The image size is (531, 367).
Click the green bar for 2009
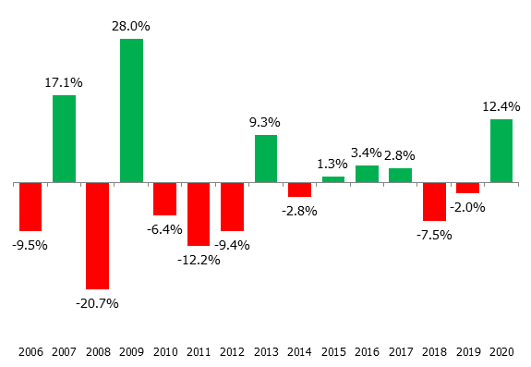(131, 111)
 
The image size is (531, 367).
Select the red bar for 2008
(98, 236)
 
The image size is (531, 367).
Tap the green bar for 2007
(64, 139)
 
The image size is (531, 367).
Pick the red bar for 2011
(199, 214)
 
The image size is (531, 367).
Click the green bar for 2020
(501, 151)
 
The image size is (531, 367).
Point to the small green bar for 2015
(333, 179)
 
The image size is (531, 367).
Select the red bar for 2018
(434, 202)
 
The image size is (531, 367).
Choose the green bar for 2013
(266, 159)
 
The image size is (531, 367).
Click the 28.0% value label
(131, 26)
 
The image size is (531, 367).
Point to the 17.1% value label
(64, 82)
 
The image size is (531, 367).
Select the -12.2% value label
(199, 260)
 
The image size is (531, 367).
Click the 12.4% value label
(501, 106)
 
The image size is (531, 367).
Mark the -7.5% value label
(433, 235)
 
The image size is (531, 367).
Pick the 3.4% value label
(367, 152)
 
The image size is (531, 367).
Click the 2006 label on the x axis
(30, 351)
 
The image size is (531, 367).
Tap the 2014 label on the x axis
(299, 351)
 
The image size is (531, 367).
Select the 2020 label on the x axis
(501, 351)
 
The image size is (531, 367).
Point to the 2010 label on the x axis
(164, 351)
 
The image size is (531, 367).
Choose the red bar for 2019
(467, 188)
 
